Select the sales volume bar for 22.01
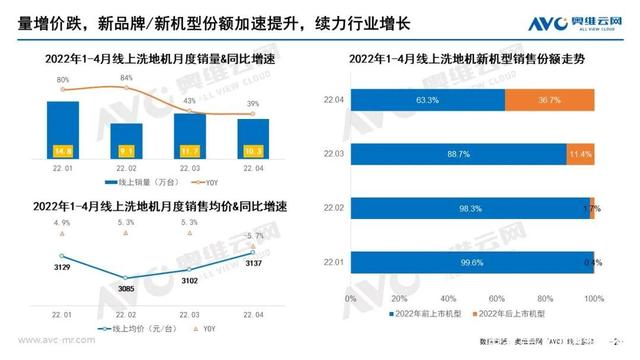62,131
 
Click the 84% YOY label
126,77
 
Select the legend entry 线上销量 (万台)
141,183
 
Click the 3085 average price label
125,289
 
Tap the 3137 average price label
253,264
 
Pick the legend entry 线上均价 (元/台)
141,327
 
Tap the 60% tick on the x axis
497,299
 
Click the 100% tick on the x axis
594,299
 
